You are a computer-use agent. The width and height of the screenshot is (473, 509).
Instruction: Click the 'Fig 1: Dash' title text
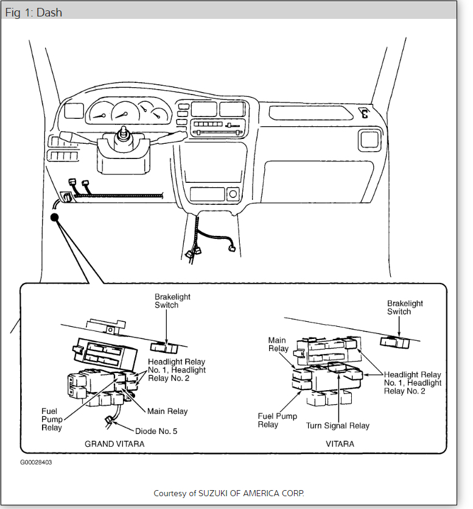coord(33,12)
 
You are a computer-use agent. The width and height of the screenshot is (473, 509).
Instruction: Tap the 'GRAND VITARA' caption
coord(114,444)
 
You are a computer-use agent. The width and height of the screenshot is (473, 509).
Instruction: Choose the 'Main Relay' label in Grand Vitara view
coord(167,411)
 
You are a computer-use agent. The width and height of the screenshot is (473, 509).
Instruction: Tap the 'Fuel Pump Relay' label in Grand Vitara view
coord(52,419)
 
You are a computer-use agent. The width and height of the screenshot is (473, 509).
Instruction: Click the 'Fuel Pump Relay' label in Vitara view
coord(277,420)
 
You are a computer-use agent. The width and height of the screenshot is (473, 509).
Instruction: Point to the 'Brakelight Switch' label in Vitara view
coord(405,307)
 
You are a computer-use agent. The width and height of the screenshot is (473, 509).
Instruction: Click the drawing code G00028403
coord(36,462)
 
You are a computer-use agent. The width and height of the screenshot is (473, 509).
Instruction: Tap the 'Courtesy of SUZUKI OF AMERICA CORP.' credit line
coord(228,493)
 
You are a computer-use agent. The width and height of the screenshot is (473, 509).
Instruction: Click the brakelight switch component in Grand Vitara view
coord(163,347)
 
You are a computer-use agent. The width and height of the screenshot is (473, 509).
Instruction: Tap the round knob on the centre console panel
coord(231,194)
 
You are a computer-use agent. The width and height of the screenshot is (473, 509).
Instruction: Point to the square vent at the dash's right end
coord(369,140)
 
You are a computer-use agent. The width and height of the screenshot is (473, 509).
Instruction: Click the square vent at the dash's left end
coord(73,111)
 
